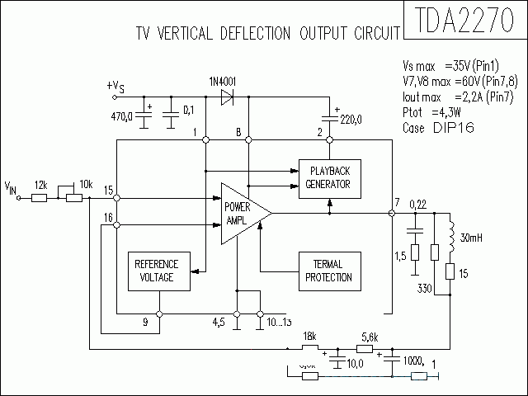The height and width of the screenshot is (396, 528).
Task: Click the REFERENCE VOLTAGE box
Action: coord(157,270)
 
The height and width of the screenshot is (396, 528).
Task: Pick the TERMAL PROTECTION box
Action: coord(328,270)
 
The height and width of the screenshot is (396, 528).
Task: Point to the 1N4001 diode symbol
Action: coord(227,97)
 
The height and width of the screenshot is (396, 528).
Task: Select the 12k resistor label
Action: coord(40,186)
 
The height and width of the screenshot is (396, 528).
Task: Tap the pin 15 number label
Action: coord(109,191)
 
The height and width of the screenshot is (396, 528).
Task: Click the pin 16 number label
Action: coord(109,217)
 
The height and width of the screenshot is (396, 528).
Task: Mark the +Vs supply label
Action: coord(115,87)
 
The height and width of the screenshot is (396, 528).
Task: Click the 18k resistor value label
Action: coord(309,337)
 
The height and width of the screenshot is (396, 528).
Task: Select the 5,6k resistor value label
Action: coord(370,337)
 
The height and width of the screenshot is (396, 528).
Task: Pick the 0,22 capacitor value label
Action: coord(417,204)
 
